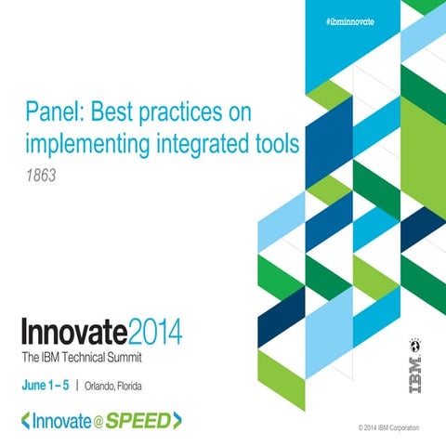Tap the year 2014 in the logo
151,332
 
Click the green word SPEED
137,421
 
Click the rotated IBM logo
413,358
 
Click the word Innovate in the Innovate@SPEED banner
59,421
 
